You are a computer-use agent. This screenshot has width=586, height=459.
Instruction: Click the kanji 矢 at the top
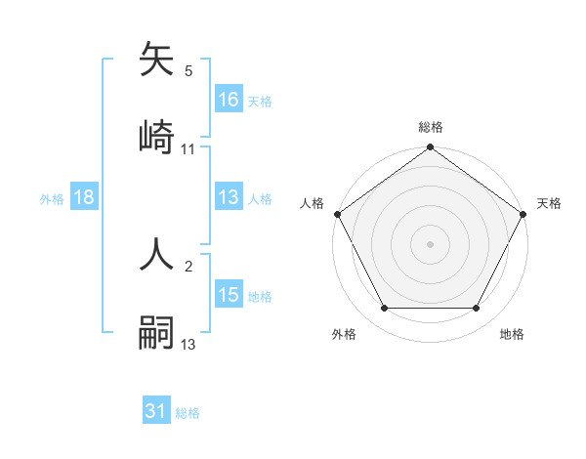159,62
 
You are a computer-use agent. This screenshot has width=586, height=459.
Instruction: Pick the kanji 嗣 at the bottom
159,330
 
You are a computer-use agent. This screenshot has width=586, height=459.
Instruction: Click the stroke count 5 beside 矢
188,71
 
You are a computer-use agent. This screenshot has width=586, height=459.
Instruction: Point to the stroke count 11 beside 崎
188,149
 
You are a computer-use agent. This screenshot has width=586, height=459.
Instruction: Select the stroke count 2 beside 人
188,266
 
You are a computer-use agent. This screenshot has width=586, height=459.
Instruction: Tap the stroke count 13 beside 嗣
188,344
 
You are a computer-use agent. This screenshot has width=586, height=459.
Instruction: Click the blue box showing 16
229,100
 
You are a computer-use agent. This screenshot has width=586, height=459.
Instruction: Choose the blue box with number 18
83,197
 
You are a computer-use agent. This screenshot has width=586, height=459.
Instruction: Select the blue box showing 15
229,295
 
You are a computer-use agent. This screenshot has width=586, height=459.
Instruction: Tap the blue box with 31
156,412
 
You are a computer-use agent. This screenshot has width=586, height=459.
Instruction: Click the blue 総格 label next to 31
188,413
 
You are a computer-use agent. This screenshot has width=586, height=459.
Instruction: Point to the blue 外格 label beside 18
52,198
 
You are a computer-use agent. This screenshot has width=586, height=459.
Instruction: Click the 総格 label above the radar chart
431,127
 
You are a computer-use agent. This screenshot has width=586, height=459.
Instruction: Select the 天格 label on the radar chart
549,203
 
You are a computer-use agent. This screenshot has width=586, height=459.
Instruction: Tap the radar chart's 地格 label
512,334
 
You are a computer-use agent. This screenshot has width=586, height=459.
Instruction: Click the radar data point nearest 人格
337,214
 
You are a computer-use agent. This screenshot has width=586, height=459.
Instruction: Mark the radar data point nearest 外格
384,309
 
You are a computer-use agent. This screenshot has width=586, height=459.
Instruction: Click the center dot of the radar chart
431,243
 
